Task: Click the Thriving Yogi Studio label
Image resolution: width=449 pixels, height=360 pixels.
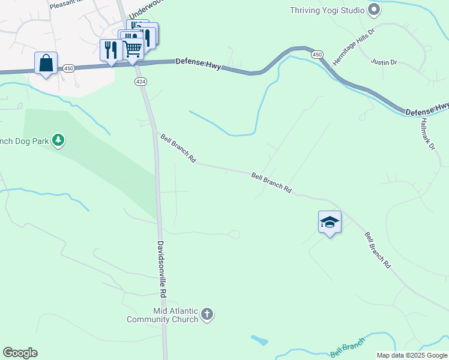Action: [x=327, y=10]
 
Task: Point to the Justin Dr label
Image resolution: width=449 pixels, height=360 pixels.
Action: [x=384, y=62]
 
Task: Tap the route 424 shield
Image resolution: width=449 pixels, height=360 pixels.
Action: [x=140, y=81]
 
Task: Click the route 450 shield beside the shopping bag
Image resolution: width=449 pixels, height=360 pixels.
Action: [x=69, y=69]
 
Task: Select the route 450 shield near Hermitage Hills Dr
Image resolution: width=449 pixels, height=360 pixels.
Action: [x=317, y=55]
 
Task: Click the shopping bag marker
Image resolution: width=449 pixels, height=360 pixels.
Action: [x=46, y=63]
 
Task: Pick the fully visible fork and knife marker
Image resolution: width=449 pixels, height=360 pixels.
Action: [x=110, y=49]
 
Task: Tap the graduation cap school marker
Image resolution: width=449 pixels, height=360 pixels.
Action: [x=330, y=222]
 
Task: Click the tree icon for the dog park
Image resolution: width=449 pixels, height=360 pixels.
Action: [x=58, y=141]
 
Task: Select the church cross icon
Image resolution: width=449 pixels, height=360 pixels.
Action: [x=206, y=314]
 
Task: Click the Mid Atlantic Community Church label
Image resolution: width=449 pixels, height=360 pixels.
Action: [x=162, y=315]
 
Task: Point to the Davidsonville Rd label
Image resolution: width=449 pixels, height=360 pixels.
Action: [x=161, y=269]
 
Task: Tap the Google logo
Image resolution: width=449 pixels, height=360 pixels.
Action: [x=20, y=353]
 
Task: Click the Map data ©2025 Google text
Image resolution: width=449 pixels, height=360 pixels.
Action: [x=412, y=355]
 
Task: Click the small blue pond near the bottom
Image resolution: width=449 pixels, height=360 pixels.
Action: [x=259, y=340]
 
